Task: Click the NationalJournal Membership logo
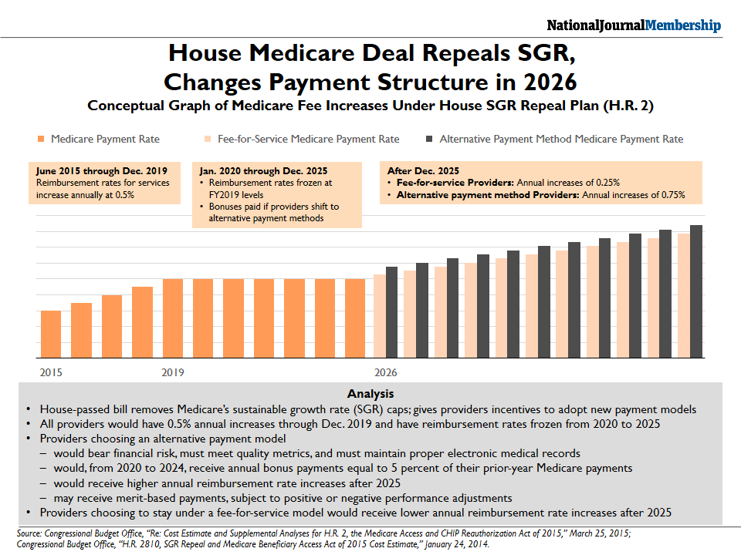[634, 25]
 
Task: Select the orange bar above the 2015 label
[51, 334]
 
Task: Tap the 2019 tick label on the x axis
[172, 372]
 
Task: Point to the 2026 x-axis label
[386, 372]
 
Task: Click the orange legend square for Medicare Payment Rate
[41, 139]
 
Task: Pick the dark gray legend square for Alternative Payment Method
[429, 139]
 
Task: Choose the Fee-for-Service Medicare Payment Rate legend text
[308, 139]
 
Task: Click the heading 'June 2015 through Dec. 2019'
[102, 171]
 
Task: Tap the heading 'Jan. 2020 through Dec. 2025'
[263, 171]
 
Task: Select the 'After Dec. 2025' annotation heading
[423, 171]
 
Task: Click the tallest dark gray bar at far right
[696, 291]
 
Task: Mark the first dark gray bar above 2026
[392, 312]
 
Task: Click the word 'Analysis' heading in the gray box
[370, 394]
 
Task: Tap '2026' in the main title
[550, 82]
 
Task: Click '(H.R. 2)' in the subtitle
[628, 106]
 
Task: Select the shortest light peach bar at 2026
[380, 316]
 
